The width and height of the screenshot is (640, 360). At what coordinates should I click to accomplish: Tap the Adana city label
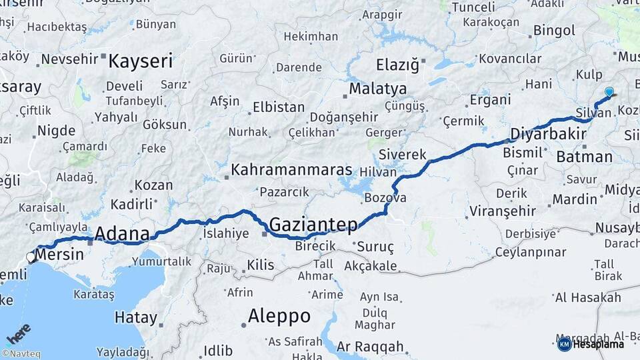[x=122, y=234]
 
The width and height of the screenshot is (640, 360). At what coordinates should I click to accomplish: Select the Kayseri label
[x=140, y=62]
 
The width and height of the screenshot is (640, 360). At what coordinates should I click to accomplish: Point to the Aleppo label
[x=279, y=316]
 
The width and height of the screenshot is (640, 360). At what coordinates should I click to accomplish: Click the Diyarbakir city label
[x=543, y=134]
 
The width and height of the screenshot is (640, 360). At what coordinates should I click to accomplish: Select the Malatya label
[x=377, y=89]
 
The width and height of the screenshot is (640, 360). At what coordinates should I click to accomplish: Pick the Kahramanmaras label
[x=291, y=170]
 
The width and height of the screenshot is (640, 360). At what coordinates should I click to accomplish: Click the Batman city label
[x=584, y=157]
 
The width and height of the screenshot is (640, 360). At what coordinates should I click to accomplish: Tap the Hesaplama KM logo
[x=591, y=344]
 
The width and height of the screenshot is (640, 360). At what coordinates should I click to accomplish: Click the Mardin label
[x=575, y=199]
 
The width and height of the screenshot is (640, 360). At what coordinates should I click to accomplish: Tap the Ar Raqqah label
[x=370, y=347]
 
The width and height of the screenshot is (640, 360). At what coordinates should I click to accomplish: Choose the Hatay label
[x=136, y=317]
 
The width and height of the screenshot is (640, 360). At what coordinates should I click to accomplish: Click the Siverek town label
[x=402, y=155]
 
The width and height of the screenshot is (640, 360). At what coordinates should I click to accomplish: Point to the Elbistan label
[x=279, y=107]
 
